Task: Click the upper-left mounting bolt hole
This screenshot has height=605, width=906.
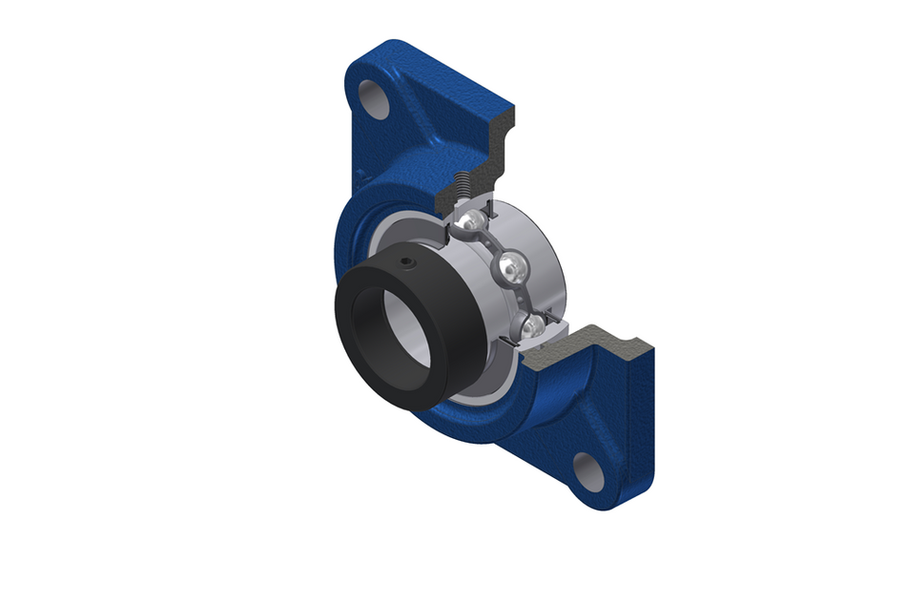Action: coord(375,98)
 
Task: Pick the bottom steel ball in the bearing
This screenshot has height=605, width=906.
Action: coord(532,326)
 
